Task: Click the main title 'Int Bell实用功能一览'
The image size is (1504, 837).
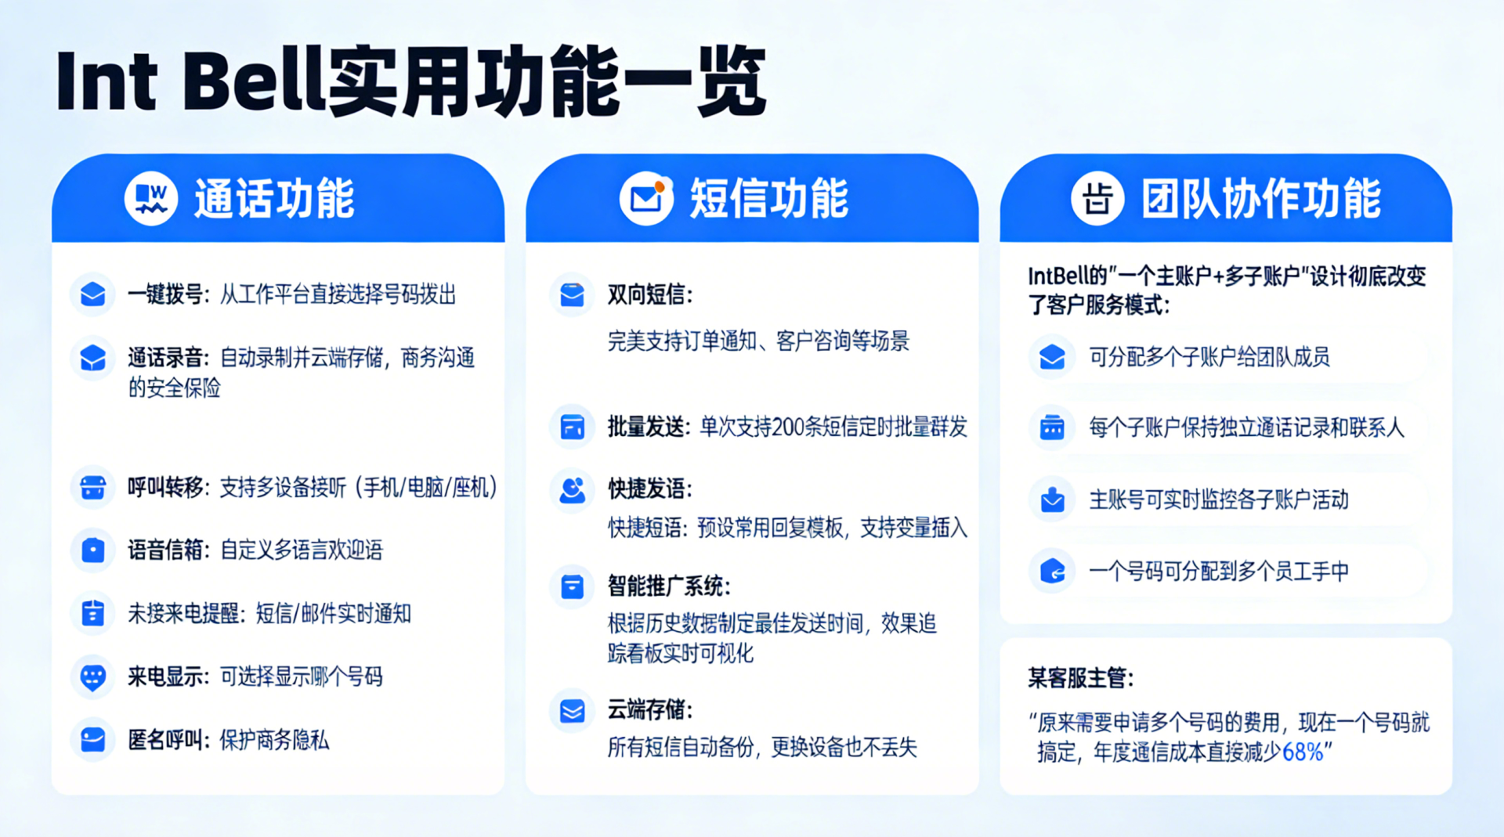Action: [x=410, y=81]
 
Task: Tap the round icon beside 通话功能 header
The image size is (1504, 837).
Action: [x=151, y=198]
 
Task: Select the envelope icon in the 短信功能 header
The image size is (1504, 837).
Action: [x=646, y=198]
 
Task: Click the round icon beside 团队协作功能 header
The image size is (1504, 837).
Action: [x=1097, y=198]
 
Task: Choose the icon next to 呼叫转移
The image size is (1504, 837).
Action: [x=93, y=487]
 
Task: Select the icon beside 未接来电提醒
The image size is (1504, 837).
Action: [x=93, y=613]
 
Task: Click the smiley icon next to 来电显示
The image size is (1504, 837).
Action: [x=93, y=676]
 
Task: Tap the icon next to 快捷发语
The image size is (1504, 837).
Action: [x=573, y=489]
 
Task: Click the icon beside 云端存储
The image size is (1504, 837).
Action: [x=573, y=710]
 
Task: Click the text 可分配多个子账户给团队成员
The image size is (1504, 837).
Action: [x=1209, y=357]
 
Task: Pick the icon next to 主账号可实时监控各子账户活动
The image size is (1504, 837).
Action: [x=1053, y=500]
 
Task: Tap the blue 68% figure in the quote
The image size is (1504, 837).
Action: [x=1303, y=752]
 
